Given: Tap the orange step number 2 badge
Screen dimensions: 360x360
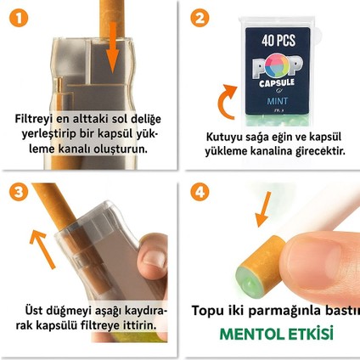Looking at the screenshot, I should coord(200,17).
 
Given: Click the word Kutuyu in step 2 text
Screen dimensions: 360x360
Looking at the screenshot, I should coord(225,137).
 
